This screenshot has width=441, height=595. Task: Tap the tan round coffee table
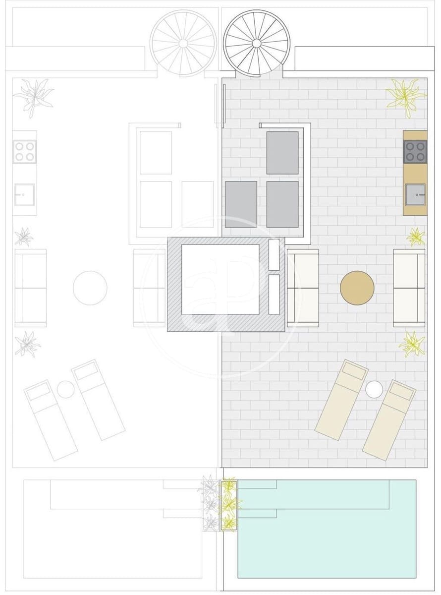coord(357,288)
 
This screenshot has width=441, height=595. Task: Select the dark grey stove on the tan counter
coord(415,152)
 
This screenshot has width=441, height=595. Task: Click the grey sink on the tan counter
coord(415,194)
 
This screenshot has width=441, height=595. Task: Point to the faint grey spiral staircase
coord(183,43)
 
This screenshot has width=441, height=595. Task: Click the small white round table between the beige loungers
coord(374,389)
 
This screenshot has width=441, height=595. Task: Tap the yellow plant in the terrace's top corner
coord(405,97)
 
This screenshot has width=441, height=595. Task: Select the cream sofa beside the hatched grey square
coord(303,288)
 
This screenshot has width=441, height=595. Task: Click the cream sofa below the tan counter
coord(409,288)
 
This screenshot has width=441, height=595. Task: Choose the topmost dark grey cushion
coord(282,153)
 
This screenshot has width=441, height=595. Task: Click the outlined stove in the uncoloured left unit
coord(24,152)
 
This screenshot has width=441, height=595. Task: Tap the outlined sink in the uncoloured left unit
coord(24,194)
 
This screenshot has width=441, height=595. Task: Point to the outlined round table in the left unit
coord(90,288)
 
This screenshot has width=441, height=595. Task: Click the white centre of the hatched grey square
coord(220,279)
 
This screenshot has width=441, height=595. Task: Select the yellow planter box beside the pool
coord(229,505)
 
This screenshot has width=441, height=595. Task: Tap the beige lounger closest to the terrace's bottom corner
coord(389,420)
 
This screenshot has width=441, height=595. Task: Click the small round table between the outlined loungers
coord(65,389)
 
